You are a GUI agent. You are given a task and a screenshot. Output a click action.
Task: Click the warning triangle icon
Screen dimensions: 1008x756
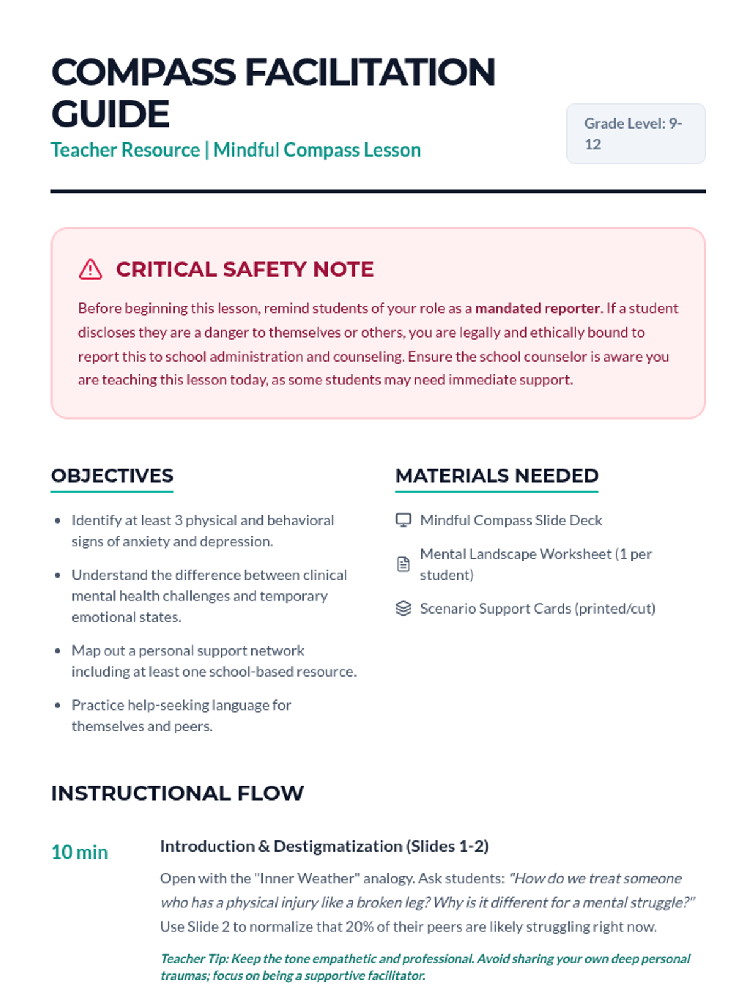tap(90, 269)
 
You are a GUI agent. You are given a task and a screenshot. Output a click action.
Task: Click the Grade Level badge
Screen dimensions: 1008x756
tap(635, 134)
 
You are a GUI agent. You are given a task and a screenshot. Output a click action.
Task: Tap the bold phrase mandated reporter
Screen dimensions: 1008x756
tap(538, 308)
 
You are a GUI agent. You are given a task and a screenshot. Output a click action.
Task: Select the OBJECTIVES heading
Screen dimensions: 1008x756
tap(112, 476)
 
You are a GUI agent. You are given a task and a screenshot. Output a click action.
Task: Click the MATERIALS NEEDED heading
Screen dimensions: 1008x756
tap(496, 476)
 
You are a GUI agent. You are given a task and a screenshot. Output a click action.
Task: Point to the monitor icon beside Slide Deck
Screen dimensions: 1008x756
tap(403, 520)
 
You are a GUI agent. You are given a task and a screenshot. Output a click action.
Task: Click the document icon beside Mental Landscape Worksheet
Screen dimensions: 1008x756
tap(403, 564)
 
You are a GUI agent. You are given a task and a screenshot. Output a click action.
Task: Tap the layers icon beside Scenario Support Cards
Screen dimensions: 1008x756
tap(403, 608)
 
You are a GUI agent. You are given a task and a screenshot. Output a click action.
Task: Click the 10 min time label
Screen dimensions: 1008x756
tap(79, 852)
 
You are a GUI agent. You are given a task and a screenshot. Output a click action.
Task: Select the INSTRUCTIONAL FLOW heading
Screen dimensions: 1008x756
tap(177, 793)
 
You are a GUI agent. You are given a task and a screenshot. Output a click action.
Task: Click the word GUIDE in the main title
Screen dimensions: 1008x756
tap(110, 114)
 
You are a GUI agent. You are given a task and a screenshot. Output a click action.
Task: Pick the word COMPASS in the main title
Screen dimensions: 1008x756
tap(144, 72)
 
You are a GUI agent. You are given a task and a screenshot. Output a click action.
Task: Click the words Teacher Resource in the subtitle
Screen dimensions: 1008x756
tap(125, 150)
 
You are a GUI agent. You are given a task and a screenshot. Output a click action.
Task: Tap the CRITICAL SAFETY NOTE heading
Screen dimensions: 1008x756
tap(244, 269)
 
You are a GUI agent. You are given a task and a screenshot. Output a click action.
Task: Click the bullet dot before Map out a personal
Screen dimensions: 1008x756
tap(58, 651)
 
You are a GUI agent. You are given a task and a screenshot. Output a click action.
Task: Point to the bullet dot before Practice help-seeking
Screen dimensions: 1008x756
tap(58, 706)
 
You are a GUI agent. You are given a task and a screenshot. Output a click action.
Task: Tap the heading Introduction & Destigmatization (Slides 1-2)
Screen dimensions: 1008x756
tap(324, 846)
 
